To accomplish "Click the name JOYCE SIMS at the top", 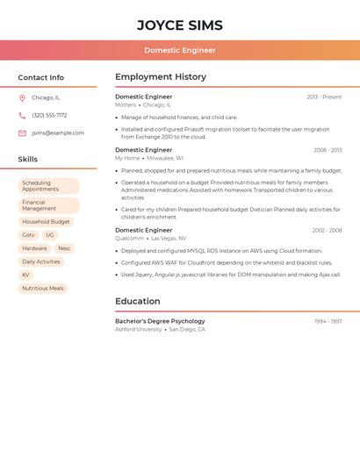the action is [x=180, y=25].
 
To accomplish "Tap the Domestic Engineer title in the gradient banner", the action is [x=180, y=50].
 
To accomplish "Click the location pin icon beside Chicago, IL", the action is [x=22, y=98].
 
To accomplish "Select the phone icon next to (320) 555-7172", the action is [x=22, y=115].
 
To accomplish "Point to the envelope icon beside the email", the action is [x=22, y=133].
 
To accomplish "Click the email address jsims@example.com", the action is [x=58, y=133].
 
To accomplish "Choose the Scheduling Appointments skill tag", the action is [x=48, y=186].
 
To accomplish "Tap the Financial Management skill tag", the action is [x=48, y=205].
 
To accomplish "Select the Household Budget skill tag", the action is [x=46, y=222].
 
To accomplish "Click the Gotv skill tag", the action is [x=28, y=235].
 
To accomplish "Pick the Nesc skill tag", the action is [x=64, y=248].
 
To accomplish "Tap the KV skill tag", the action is [x=25, y=275].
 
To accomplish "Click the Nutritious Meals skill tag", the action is [x=43, y=288].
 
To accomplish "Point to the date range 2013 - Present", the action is [x=324, y=97].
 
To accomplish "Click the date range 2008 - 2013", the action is [x=328, y=150].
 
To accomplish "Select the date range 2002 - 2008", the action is [x=327, y=230].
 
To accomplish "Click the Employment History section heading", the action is [x=161, y=77].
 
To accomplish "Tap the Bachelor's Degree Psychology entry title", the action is [x=160, y=321].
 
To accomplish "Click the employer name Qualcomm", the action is [x=129, y=238].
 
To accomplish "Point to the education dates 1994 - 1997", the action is [x=328, y=321].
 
